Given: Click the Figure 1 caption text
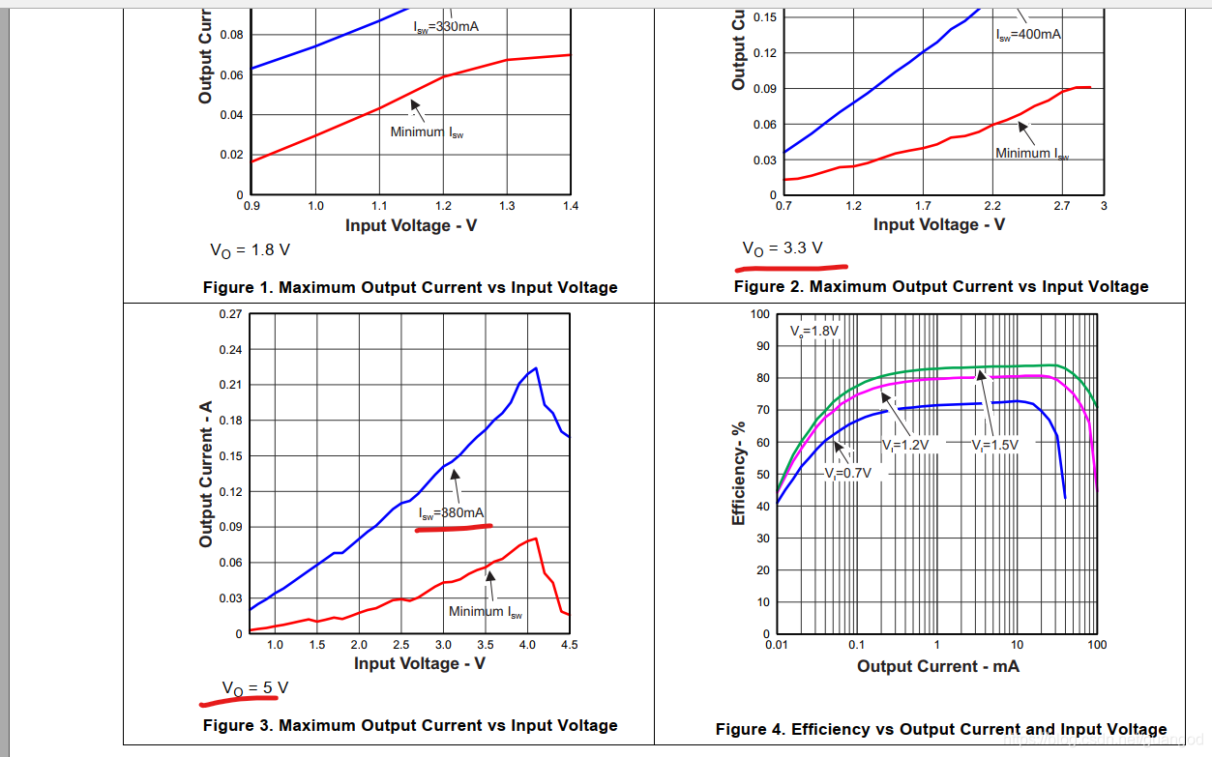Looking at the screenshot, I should pos(410,287).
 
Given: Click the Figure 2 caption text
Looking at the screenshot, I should pos(941,286).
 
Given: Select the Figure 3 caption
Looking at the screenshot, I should pos(410,725).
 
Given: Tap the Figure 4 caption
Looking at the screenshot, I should pos(941,729).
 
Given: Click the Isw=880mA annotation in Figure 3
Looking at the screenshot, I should pos(452,513).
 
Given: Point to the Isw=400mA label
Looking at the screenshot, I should pos(1028,35).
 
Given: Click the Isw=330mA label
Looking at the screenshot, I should pos(446,26).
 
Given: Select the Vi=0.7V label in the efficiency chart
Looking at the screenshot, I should pos(848,473).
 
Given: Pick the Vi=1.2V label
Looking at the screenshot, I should pos(906,445).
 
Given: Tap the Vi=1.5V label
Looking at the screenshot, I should pos(996,445).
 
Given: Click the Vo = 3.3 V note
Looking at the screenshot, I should pos(783,248).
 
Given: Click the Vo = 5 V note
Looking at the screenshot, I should pos(255,687).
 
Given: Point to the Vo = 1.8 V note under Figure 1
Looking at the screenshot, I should pos(250,249).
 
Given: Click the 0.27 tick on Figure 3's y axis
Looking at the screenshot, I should pos(230,314).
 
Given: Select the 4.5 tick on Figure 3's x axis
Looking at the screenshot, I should pos(570,645).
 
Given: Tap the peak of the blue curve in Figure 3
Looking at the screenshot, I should pos(535,367).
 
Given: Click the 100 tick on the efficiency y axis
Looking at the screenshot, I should pos(760,314).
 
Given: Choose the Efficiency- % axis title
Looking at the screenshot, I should pos(739,474).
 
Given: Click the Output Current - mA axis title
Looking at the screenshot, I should pos(937,666).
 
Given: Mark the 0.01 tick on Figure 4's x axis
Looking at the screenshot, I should pos(775,645).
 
